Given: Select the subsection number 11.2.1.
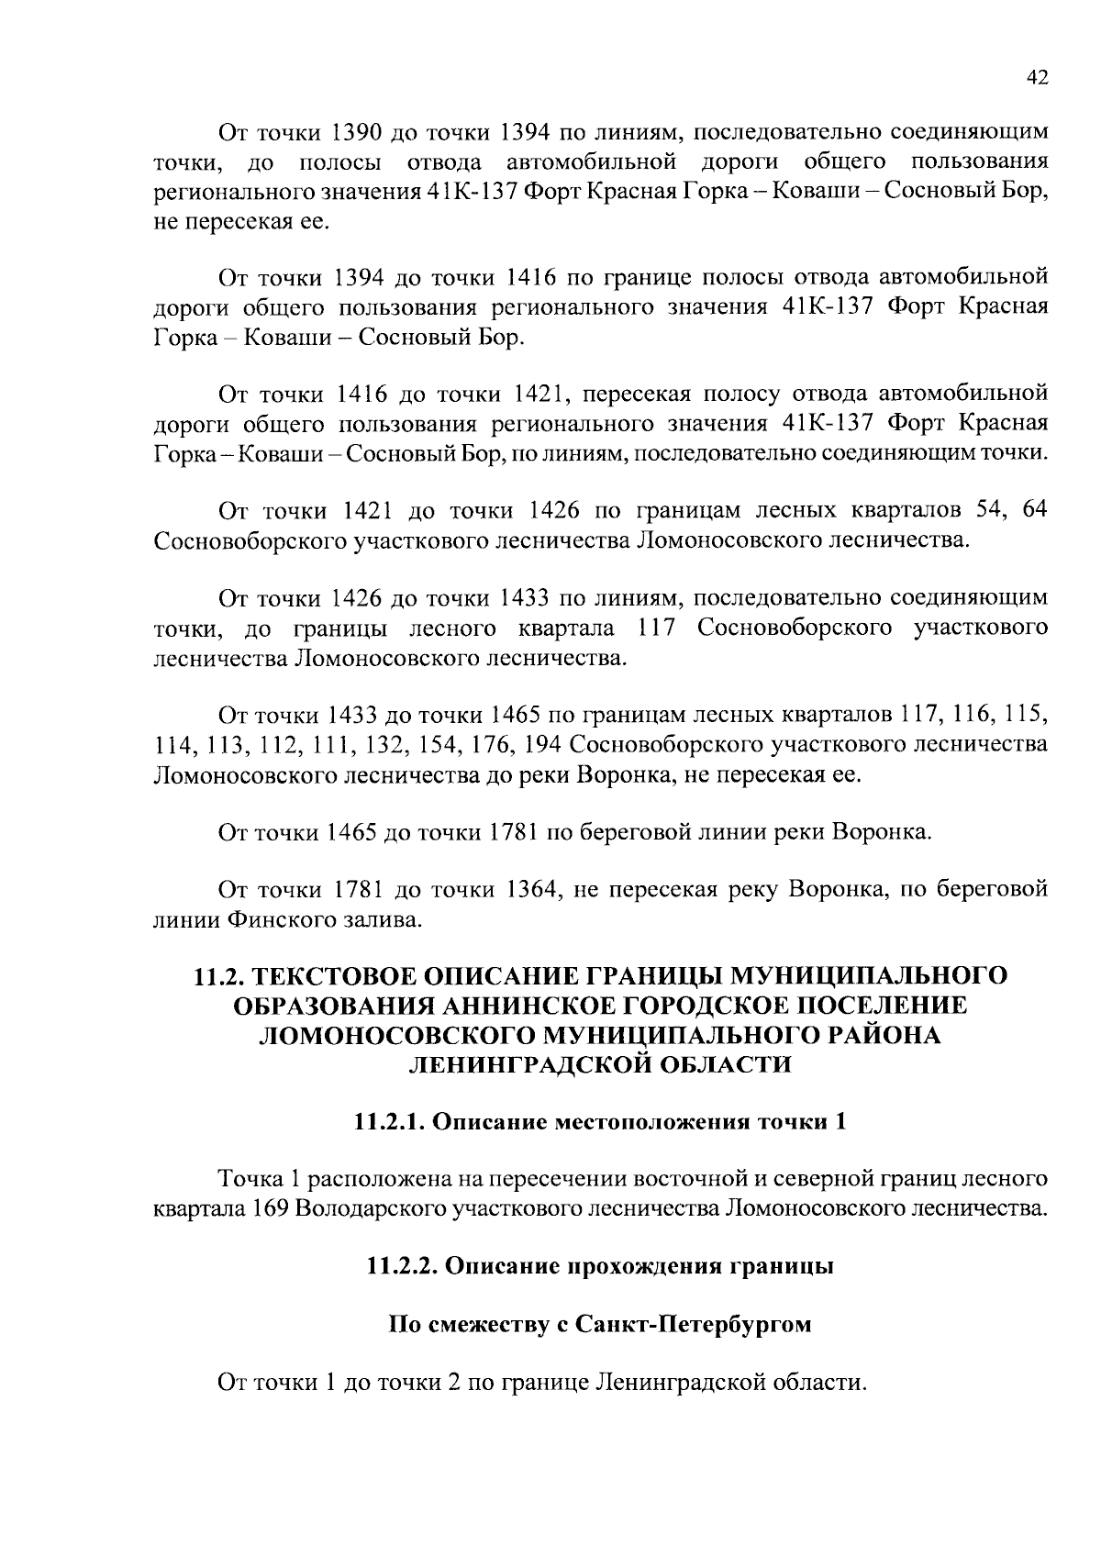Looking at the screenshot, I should pyautogui.click(x=389, y=1122).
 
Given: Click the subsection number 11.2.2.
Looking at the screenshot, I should pyautogui.click(x=402, y=1267).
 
